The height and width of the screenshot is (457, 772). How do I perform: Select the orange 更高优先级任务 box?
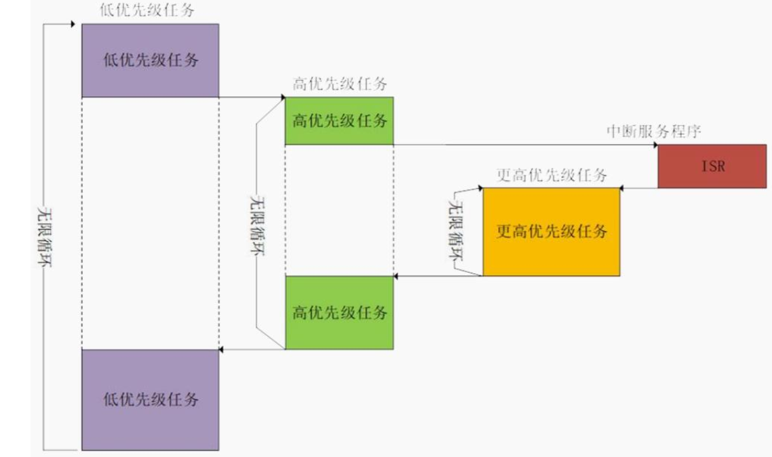click(x=551, y=232)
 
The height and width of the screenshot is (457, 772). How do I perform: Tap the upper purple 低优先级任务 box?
click(x=150, y=60)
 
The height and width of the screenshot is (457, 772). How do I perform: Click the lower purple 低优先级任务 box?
click(x=150, y=400)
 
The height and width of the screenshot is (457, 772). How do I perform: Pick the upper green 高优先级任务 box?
click(x=339, y=121)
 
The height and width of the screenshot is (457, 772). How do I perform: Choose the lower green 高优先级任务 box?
click(x=339, y=312)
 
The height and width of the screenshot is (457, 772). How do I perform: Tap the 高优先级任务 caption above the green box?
click(x=339, y=85)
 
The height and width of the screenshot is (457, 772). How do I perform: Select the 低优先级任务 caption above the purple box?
click(x=148, y=11)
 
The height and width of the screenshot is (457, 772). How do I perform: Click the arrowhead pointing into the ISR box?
click(x=655, y=145)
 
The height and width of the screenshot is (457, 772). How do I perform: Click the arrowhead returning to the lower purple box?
click(x=222, y=350)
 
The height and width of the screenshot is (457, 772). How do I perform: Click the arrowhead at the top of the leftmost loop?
click(x=72, y=24)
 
